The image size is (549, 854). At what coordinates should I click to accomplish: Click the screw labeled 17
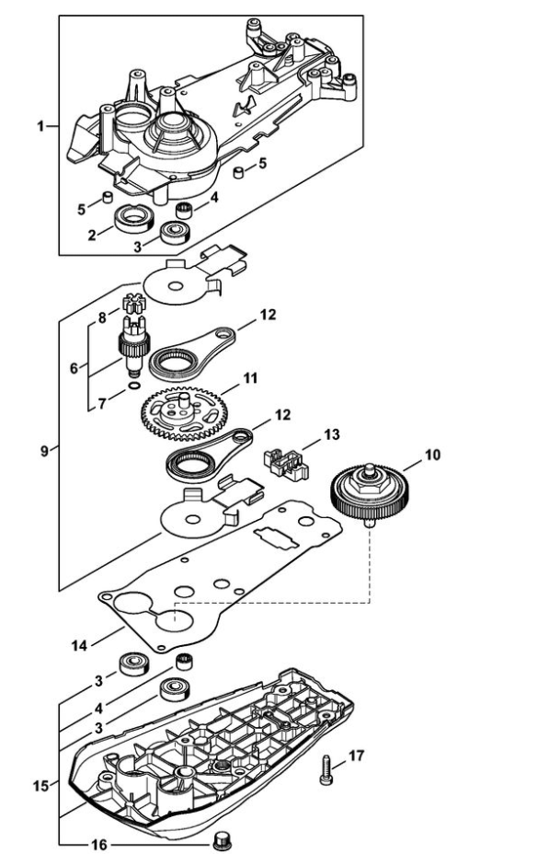point(326,769)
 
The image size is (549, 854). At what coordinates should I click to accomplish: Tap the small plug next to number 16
point(221,841)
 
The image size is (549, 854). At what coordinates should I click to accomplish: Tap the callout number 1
point(40,126)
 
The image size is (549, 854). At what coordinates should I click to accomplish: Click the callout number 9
point(45,451)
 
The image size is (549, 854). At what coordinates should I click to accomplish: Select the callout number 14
point(79,646)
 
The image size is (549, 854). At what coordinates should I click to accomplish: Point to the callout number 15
point(40,786)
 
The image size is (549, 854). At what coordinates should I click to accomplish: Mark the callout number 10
point(432,455)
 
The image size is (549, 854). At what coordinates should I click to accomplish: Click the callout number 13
point(332,434)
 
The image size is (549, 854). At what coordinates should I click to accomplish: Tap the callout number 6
point(74,368)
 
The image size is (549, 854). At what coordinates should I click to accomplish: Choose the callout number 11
point(250,378)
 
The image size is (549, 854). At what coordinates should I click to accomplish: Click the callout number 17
point(357,756)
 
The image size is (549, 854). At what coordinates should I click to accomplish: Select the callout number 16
point(99,845)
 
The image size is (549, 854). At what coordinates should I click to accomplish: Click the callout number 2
point(92,236)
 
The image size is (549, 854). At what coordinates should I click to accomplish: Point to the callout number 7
point(102,404)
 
